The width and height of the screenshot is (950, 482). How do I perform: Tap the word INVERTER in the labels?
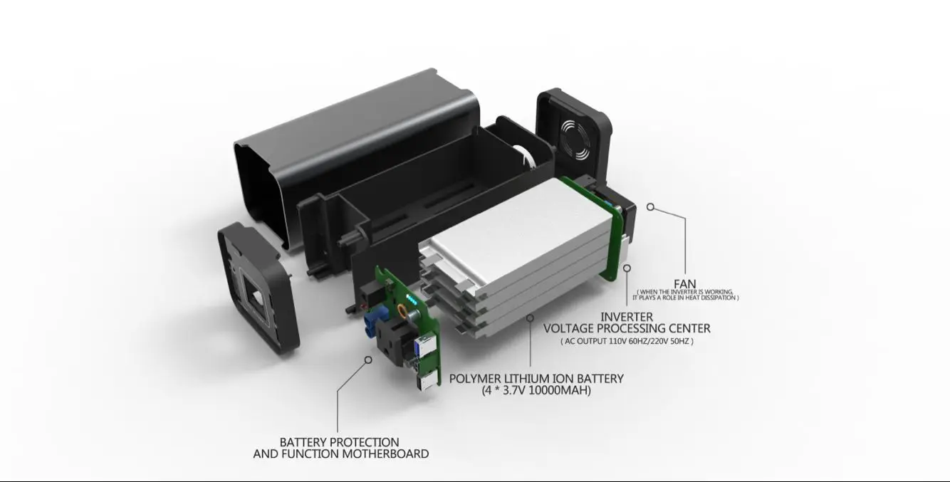pos(626,316)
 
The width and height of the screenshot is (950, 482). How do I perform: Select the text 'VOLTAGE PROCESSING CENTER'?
pos(626,328)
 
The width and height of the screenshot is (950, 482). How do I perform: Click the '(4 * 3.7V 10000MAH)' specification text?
pos(536,390)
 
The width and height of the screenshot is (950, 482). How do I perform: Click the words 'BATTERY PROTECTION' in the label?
pos(339,442)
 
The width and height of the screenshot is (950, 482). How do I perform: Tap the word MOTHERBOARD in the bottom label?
pos(386,454)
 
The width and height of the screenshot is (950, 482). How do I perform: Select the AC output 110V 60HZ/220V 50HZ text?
pos(627,341)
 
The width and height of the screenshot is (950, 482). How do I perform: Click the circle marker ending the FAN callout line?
pos(650,206)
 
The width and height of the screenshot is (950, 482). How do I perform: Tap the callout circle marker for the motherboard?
pos(368,360)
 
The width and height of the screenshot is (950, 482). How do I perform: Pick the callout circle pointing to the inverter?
pos(627,268)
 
